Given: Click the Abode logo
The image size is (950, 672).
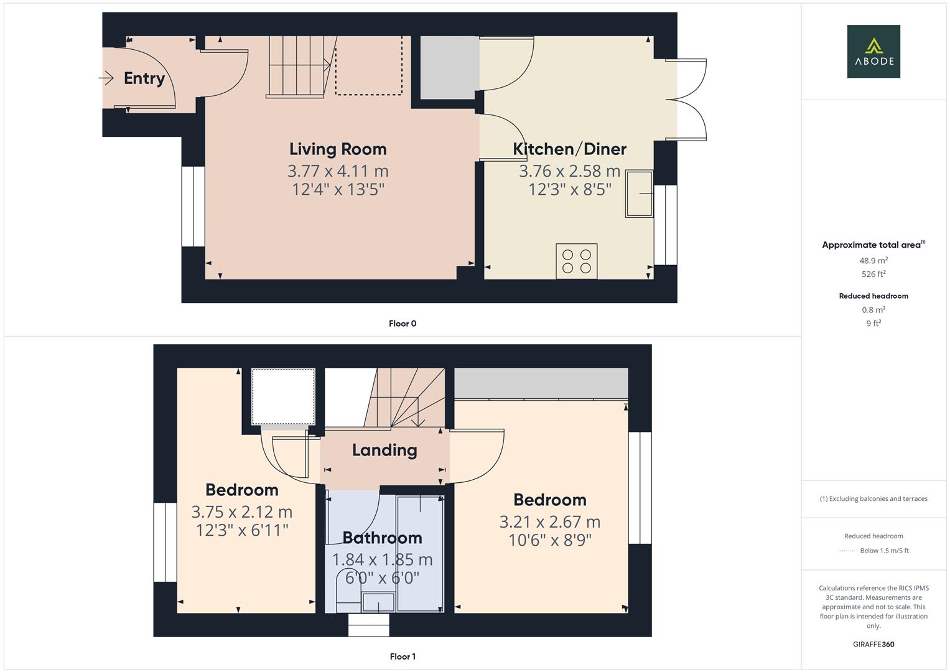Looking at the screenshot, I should [x=873, y=51].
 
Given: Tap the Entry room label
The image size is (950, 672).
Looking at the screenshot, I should [x=144, y=78].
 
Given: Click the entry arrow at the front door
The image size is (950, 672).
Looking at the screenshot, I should [x=106, y=78].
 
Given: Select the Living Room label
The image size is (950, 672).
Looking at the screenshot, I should [x=338, y=149].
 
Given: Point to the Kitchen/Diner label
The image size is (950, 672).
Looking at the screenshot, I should [x=569, y=149].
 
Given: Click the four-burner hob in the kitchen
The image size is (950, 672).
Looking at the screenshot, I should [x=576, y=261].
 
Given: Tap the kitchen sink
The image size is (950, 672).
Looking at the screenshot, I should [x=640, y=194].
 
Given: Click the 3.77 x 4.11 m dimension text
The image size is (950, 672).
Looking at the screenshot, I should [x=338, y=170].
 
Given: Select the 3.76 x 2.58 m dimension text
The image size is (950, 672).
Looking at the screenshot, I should [x=569, y=170].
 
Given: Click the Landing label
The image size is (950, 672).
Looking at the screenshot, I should [x=384, y=450].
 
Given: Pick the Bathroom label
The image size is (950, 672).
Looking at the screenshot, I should [x=382, y=538].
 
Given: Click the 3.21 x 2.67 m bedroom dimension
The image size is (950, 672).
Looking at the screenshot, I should [x=549, y=521].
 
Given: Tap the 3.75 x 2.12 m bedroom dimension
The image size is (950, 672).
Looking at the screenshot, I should [x=241, y=511].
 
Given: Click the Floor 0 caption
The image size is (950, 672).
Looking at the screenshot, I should [x=403, y=324].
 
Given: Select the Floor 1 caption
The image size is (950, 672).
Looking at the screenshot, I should [x=403, y=656].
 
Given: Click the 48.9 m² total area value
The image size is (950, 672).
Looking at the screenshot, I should [x=873, y=261].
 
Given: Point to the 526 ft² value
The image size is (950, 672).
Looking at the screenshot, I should [x=873, y=274].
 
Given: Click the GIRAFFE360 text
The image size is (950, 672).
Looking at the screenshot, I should [x=873, y=645].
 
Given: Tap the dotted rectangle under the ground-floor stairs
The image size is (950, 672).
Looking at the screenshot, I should [x=368, y=65].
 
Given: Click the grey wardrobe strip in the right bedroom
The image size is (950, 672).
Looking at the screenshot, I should [x=541, y=383].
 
